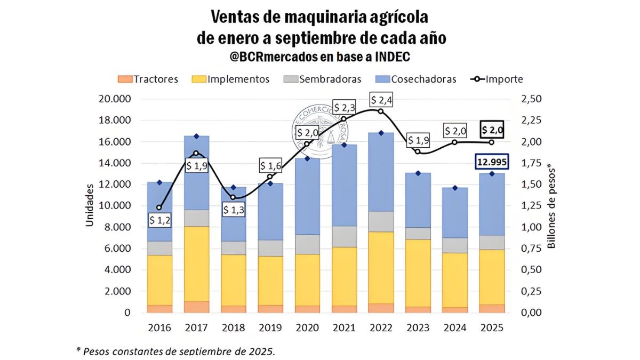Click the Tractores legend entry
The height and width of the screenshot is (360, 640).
pyautogui.click(x=148, y=79)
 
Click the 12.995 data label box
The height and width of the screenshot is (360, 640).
pyautogui.click(x=491, y=162)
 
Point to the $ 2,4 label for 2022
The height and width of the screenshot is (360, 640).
pyautogui.click(x=381, y=100)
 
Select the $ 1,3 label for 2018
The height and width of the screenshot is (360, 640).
pyautogui.click(x=234, y=210)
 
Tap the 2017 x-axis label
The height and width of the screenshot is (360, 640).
pyautogui.click(x=197, y=327)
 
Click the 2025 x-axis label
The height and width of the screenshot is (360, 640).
pyautogui.click(x=491, y=327)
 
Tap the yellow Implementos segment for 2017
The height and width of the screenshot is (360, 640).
pyautogui.click(x=197, y=263)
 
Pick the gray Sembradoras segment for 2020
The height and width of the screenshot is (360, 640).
pyautogui.click(x=307, y=244)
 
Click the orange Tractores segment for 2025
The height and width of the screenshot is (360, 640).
pyautogui.click(x=491, y=308)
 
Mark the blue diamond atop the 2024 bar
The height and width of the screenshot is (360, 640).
pyautogui.click(x=454, y=188)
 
